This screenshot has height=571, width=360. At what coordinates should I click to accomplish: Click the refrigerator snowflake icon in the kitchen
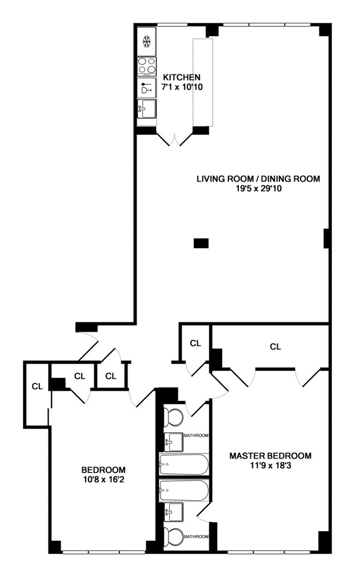coord(147,42)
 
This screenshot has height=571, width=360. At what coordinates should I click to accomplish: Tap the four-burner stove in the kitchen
coord(147,65)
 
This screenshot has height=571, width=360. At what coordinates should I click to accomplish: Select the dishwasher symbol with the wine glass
coord(147,88)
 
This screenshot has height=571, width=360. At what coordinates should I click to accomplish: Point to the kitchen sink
coord(146,108)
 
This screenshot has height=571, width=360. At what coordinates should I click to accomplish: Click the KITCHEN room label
coord(182,78)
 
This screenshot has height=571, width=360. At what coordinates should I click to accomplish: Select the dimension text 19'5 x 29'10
coord(258,188)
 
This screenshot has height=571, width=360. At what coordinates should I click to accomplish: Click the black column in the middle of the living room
coord(201,243)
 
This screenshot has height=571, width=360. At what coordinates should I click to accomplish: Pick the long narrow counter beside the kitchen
coord(203,82)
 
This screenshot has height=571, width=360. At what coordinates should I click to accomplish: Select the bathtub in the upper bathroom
coord(183,465)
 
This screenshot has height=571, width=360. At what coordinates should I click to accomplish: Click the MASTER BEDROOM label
coord(270,456)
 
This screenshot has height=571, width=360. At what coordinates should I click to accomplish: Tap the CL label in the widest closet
coord(275,346)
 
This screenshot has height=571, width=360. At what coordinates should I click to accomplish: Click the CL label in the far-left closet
coord(37,387)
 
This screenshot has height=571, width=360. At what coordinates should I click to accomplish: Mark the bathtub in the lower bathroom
coord(183,489)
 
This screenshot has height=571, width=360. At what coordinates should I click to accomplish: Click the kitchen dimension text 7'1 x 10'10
coord(182,87)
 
